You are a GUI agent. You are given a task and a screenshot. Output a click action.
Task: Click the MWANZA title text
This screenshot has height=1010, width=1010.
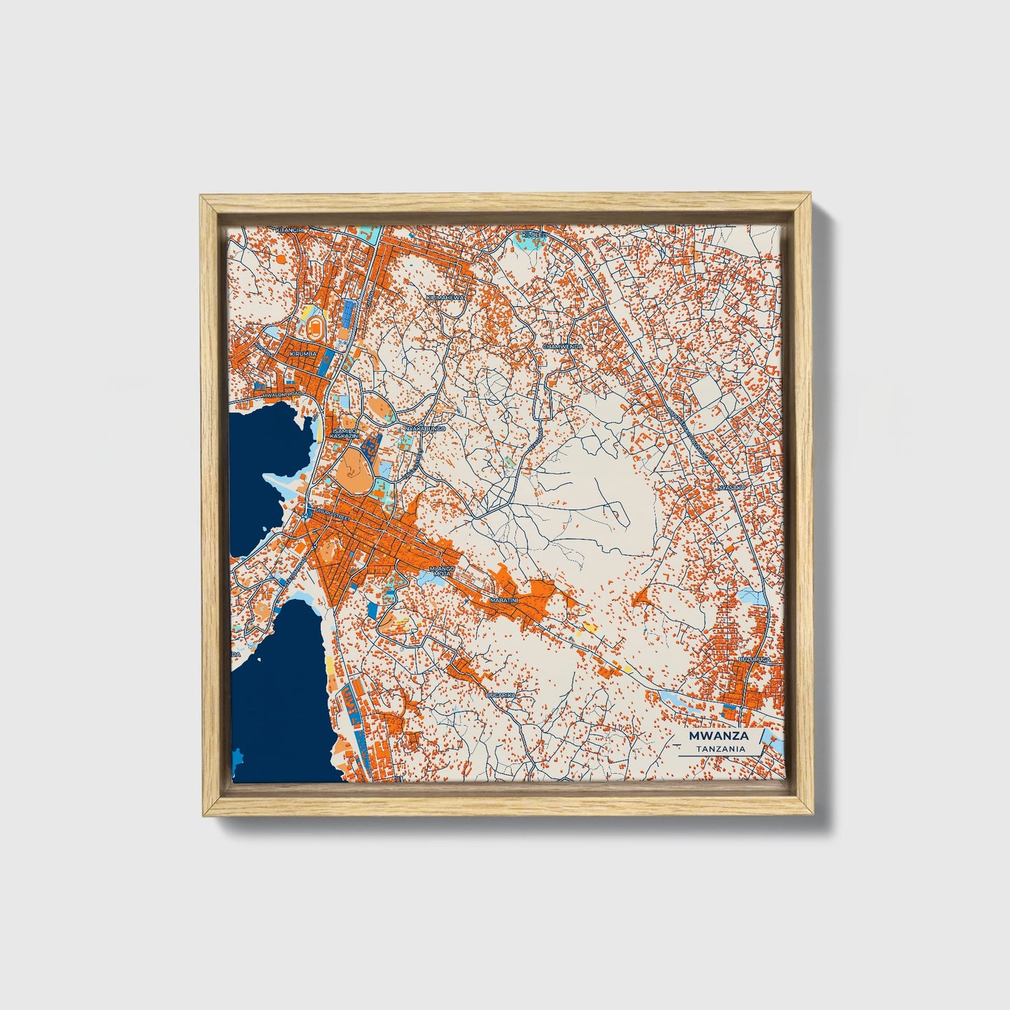coord(719,736)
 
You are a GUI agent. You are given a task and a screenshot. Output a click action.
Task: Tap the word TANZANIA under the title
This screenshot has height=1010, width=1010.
coord(720,749)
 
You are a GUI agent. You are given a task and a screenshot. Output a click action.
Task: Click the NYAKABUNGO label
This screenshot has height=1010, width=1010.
coord(424,428)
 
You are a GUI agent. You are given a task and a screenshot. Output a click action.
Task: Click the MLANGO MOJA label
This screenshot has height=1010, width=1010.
coord(442,571)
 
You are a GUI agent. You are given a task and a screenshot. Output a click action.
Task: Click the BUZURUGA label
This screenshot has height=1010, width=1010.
coord(754,659)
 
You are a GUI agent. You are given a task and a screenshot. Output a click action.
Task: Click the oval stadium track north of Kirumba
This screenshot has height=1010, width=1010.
coord(316,326)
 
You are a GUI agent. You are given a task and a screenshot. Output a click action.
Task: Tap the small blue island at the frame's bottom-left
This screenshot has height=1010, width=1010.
coord(237,757)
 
